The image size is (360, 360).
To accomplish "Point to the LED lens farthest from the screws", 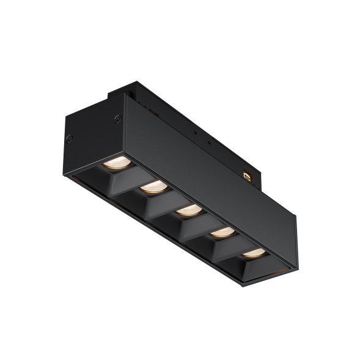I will [x=253, y=252].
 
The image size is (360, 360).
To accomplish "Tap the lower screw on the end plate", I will [x=70, y=138].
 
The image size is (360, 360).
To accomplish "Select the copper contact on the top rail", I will [x=248, y=175].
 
